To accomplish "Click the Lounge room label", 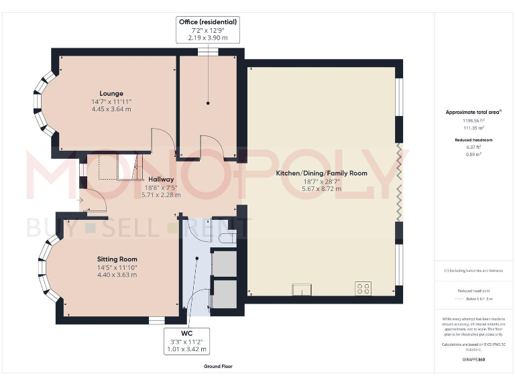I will (111, 93).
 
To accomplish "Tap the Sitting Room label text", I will (117, 259).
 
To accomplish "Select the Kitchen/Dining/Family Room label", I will (322, 173).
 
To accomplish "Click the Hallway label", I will (161, 180).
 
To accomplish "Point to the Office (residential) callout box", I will (208, 30).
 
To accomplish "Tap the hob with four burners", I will (363, 289).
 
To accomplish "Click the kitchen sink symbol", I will (302, 289).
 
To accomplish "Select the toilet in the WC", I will (228, 235).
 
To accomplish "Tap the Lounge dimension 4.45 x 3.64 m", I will (111, 109).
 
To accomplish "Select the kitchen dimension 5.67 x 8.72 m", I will (322, 189).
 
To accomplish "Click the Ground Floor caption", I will (218, 367).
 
